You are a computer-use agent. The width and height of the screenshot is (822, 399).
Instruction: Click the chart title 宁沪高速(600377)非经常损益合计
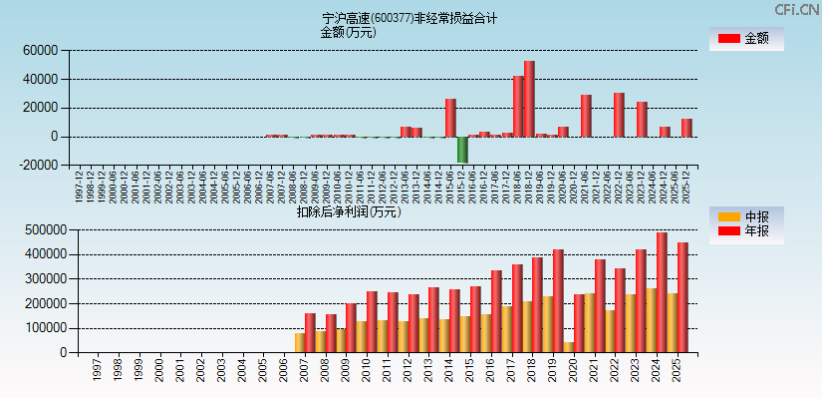coord(410,18)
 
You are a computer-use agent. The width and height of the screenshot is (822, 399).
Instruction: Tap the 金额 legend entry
coord(746,39)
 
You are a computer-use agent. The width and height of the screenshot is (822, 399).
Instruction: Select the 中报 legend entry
coord(746,216)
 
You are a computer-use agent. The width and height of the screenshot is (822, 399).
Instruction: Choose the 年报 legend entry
coord(746,230)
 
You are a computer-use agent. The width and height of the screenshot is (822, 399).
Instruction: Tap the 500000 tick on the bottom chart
coord(44,229)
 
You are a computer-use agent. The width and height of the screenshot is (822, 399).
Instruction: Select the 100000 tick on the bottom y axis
coord(44,328)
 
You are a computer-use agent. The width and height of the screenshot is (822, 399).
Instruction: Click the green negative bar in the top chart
coord(462,150)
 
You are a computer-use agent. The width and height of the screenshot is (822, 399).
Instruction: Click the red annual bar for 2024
coord(662,292)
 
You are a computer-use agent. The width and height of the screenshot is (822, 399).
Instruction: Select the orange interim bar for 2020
coord(568,347)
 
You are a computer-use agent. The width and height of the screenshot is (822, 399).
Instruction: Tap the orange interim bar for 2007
coord(300,342)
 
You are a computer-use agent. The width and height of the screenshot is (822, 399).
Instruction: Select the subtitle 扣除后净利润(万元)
coord(349,211)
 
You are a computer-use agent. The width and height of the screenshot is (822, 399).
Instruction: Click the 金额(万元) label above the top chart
coord(348,32)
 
